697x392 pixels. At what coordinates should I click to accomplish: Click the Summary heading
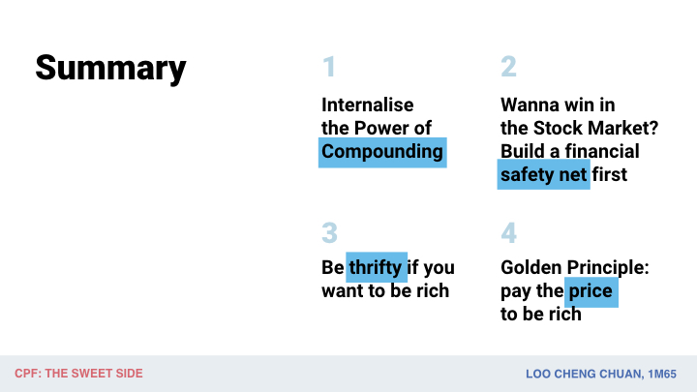point(110,69)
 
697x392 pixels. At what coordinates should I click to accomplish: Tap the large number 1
point(329,67)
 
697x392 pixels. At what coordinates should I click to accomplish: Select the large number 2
point(508,67)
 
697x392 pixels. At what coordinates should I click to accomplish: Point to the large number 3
point(329,232)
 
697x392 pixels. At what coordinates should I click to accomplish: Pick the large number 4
point(508,232)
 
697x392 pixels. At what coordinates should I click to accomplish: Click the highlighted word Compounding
point(382,152)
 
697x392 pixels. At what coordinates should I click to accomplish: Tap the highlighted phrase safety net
point(544,174)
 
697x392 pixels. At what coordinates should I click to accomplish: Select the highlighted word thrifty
point(376,267)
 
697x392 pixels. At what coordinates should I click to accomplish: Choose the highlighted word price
point(591,291)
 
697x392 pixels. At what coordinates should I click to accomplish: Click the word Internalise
point(368,106)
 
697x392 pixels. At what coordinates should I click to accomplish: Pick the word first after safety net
point(610,174)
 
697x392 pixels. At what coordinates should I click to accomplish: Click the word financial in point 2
point(602,152)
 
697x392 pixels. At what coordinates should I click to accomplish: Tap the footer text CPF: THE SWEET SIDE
point(78,374)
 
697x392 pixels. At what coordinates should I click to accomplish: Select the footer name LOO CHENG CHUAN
point(584,375)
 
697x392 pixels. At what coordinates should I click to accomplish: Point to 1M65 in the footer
point(662,375)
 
